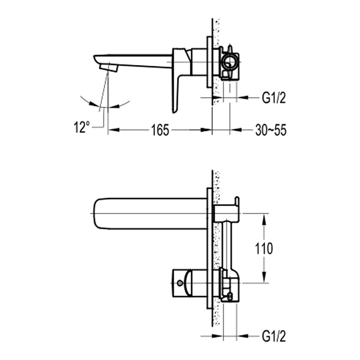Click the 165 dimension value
[x=160, y=130]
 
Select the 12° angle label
[x=81, y=127]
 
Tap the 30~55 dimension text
[x=271, y=130]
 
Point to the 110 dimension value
[x=264, y=248]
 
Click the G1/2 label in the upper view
[x=274, y=98]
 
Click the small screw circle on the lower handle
[x=180, y=283]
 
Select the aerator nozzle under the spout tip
[x=109, y=68]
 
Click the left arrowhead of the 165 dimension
[x=113, y=130]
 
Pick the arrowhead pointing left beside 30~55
[x=236, y=130]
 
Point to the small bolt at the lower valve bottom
[x=230, y=296]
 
